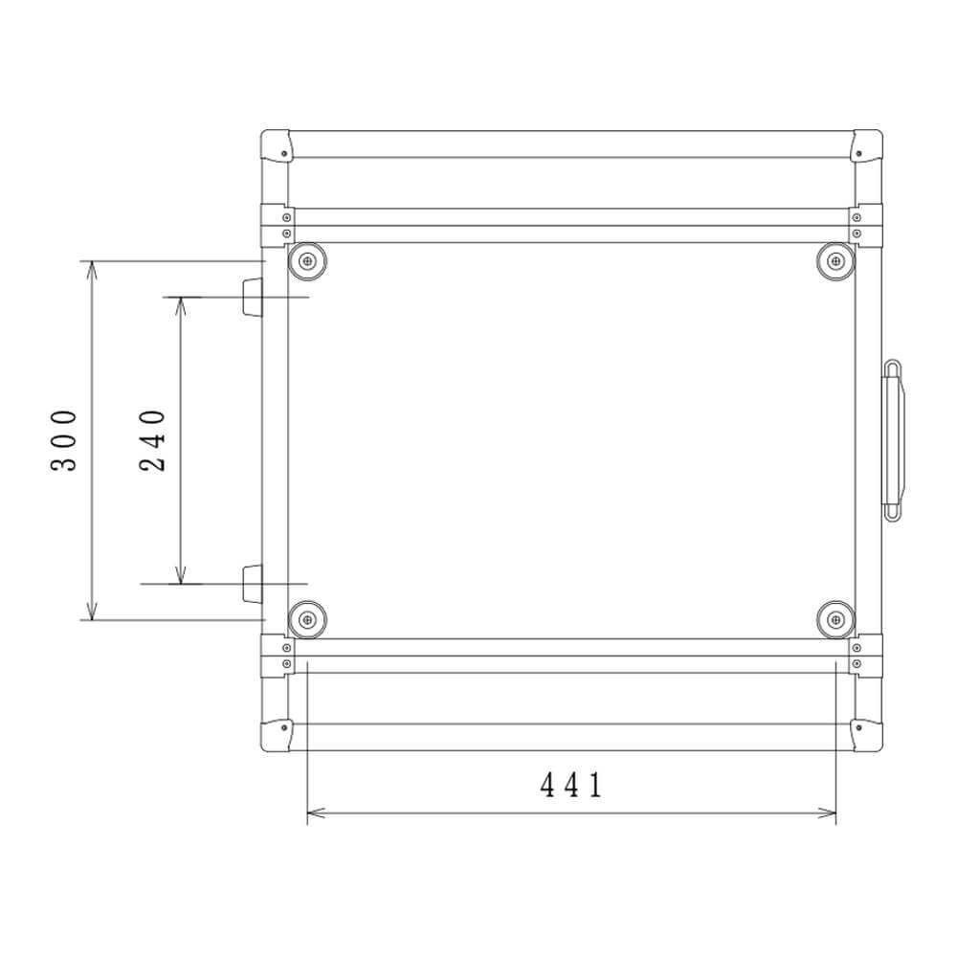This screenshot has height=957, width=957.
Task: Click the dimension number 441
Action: click(x=571, y=785)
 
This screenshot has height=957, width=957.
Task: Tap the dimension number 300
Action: click(x=64, y=440)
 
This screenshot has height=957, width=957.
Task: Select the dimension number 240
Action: click(x=152, y=440)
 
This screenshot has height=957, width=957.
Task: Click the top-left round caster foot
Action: click(x=307, y=262)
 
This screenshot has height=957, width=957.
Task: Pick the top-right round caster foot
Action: click(x=835, y=262)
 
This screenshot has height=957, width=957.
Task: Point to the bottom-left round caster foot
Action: click(x=307, y=620)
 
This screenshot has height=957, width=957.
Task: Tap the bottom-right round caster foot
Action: click(x=835, y=620)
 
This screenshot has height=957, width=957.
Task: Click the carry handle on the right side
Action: click(x=894, y=440)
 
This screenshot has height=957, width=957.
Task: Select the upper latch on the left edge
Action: click(x=252, y=298)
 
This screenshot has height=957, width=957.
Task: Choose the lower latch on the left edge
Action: click(x=252, y=584)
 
